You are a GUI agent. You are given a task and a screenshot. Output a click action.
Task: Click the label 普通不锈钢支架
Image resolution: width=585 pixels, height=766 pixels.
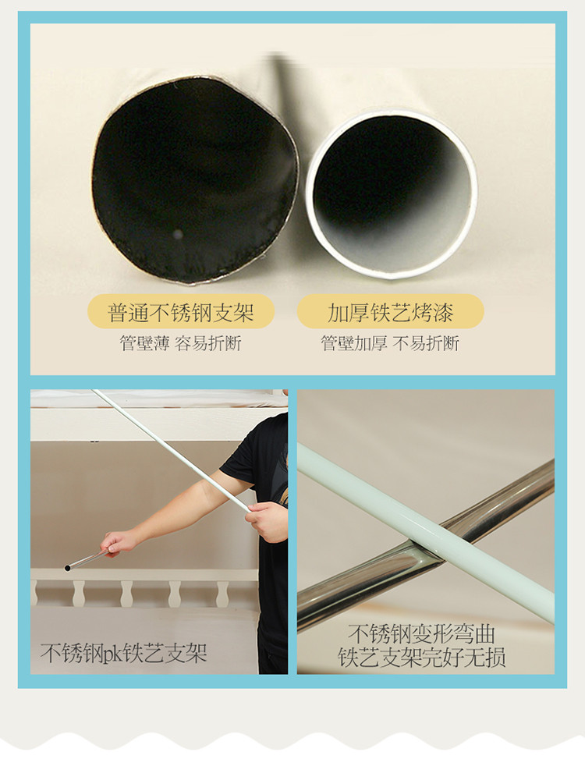(181, 313)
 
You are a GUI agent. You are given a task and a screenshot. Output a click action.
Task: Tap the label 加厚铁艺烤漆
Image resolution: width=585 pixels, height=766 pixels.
(390, 313)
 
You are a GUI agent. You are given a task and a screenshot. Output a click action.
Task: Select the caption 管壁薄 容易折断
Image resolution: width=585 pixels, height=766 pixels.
(181, 343)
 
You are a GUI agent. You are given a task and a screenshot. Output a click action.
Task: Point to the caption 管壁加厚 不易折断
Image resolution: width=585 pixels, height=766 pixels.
(390, 343)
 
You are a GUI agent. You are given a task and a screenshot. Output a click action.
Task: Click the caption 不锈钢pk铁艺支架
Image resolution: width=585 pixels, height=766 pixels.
(123, 653)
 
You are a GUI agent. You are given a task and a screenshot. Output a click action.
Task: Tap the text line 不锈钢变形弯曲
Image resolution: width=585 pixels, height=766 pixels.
(422, 634)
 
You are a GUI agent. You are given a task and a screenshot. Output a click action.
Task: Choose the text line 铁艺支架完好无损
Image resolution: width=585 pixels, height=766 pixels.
(422, 657)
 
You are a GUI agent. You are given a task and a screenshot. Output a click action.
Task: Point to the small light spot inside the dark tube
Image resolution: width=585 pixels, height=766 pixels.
(178, 235)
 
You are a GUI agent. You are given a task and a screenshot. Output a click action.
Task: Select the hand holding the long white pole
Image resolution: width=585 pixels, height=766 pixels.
(268, 520)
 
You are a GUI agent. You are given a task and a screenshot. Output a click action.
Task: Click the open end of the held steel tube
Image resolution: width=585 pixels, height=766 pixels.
(67, 568)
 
